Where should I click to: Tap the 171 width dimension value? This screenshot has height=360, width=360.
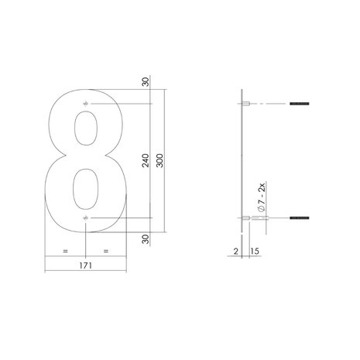coord(85,266)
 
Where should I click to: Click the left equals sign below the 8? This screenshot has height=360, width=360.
coord(65,251)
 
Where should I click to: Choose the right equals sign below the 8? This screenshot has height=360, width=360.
coord(106,251)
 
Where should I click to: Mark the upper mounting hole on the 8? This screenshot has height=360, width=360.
coord(85,104)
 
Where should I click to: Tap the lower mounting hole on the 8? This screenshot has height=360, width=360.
coord(85,219)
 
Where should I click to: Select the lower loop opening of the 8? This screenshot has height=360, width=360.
coord(85,186)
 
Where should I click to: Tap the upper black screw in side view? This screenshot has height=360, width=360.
coord(300,104)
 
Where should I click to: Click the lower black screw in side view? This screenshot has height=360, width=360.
coord(300,219)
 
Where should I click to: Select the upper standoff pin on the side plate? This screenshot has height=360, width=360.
coord(245,104)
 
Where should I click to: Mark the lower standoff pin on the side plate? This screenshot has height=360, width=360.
coord(245,219)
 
